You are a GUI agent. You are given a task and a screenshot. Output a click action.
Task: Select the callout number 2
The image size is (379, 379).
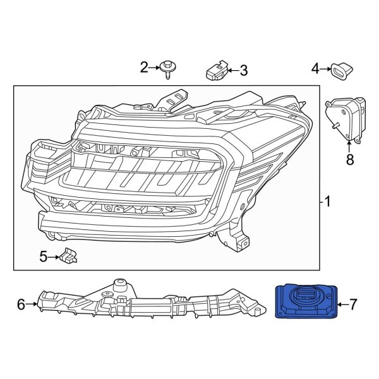(x=144, y=67)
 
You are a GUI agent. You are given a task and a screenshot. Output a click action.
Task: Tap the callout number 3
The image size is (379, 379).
(x=243, y=71)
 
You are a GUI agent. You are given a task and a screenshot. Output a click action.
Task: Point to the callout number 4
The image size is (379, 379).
(x=314, y=68)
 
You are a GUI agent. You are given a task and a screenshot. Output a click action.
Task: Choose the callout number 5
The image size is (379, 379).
(x=44, y=256)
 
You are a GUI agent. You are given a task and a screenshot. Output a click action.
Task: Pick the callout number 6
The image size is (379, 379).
(x=21, y=305)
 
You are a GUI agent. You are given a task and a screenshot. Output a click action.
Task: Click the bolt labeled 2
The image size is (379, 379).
(x=167, y=68)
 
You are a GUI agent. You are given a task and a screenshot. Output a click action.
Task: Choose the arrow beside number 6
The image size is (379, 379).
(x=32, y=305)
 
